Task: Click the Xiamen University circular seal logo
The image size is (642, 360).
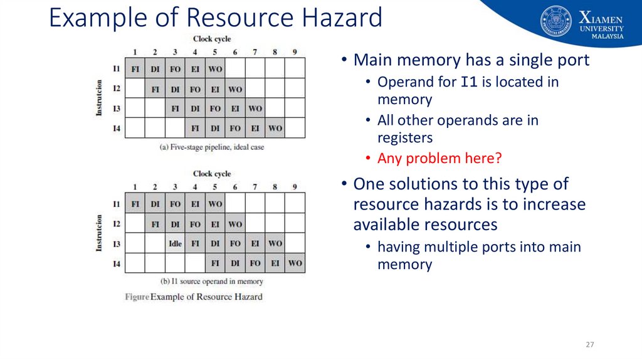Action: pyautogui.click(x=556, y=21)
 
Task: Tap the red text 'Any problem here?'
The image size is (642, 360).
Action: pyautogui.click(x=439, y=159)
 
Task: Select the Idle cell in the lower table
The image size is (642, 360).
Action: pyautogui.click(x=175, y=243)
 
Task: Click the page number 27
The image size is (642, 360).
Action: pyautogui.click(x=589, y=345)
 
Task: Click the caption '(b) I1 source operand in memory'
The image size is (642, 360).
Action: pyautogui.click(x=212, y=282)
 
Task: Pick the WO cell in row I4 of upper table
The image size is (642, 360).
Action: pyautogui.click(x=275, y=129)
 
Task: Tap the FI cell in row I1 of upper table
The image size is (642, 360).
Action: pyautogui.click(x=135, y=68)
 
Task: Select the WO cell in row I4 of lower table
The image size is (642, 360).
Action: pyautogui.click(x=295, y=263)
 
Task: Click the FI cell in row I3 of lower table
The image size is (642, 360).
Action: pyautogui.click(x=195, y=243)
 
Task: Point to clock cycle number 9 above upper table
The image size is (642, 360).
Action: pyautogui.click(x=295, y=52)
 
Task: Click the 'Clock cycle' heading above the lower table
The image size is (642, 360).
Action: pyautogui.click(x=212, y=174)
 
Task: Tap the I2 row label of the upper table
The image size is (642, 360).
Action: pyautogui.click(x=117, y=88)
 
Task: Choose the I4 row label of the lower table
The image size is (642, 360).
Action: pyautogui.click(x=117, y=263)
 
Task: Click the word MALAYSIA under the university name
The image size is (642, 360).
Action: pyautogui.click(x=608, y=36)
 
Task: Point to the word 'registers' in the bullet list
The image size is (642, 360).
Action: pyautogui.click(x=404, y=138)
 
